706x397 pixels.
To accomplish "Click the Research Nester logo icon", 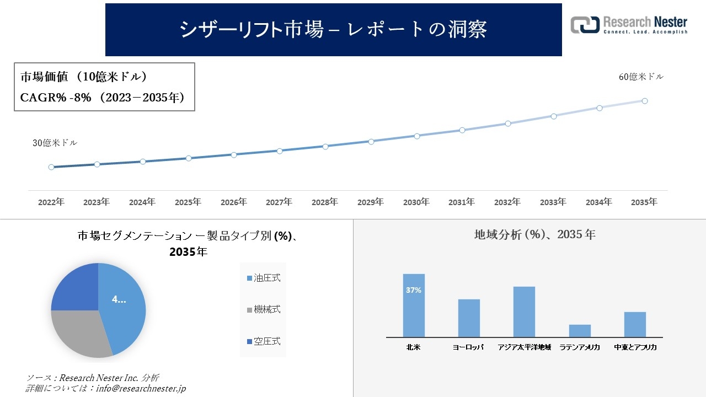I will pyautogui.click(x=585, y=25).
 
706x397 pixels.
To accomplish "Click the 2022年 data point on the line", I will pyautogui.click(x=51, y=167).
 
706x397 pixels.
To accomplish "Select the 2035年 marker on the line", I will pyautogui.click(x=644, y=101).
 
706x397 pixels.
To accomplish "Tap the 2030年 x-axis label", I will pyautogui.click(x=416, y=202).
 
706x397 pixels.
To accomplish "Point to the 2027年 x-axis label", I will pyautogui.click(x=279, y=202).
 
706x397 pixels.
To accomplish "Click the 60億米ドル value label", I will pyautogui.click(x=641, y=77).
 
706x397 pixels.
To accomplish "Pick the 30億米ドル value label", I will pyautogui.click(x=55, y=143).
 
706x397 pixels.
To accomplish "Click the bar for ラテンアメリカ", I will pyautogui.click(x=580, y=331).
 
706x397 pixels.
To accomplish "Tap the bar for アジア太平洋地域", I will pyautogui.click(x=524, y=312).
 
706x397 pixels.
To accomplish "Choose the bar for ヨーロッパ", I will pyautogui.click(x=469, y=318).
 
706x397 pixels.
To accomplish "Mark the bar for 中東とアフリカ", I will pyautogui.click(x=635, y=324).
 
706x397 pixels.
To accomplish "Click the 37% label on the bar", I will pyautogui.click(x=414, y=290).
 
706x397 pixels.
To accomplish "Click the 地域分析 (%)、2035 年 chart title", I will pyautogui.click(x=534, y=234).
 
